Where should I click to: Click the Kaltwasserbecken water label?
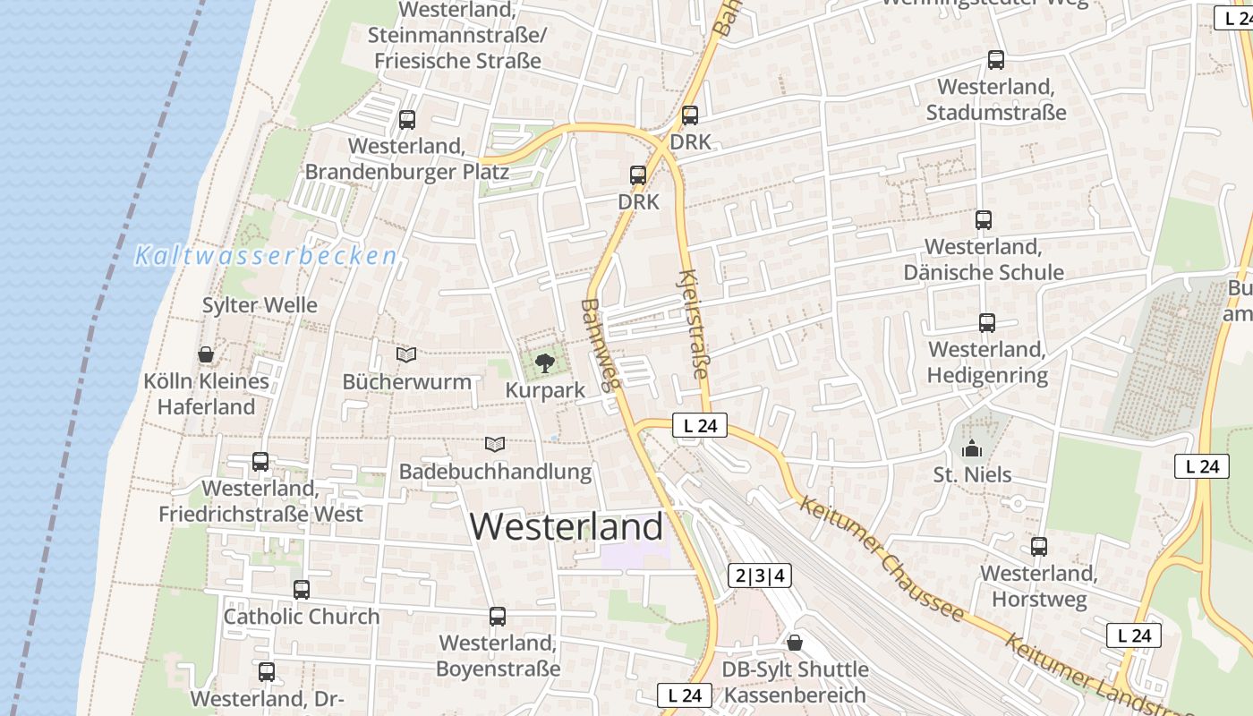point(266,256)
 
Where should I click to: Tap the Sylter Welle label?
point(260,305)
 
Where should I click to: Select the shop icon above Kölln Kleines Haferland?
point(206,355)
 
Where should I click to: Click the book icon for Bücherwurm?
point(406,355)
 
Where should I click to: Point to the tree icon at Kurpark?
point(543,363)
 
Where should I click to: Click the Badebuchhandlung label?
point(495,471)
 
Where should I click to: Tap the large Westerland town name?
point(566,526)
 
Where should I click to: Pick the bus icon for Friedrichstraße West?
point(260,462)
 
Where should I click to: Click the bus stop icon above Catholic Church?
point(302,590)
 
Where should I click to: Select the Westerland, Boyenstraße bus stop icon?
point(498,617)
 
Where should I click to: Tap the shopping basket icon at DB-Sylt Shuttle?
point(795,643)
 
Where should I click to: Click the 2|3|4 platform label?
point(760,575)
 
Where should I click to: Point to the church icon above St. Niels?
point(972,447)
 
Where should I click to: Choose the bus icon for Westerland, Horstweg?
point(1039,547)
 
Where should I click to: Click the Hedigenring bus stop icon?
point(987,323)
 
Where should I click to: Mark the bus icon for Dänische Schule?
point(984,220)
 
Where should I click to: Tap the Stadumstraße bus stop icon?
point(996,60)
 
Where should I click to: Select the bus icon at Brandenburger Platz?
point(407,119)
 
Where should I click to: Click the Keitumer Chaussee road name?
point(881,558)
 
